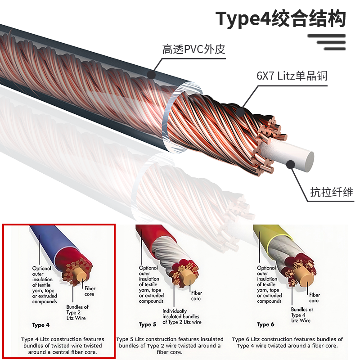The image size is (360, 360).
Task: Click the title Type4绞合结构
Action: (280, 19)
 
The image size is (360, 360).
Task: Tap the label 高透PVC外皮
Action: (193, 49)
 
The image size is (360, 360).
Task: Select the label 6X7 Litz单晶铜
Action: (292, 76)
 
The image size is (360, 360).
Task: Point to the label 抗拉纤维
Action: (332, 192)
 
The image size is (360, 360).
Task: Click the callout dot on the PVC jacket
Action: (151, 75)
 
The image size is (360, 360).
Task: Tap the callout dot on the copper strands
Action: (240, 112)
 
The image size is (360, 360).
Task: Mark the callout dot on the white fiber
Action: (291, 164)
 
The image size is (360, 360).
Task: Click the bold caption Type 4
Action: (41, 325)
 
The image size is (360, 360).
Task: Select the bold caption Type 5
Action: (148, 324)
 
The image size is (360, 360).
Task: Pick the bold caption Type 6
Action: (265, 324)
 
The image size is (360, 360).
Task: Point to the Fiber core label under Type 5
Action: (197, 296)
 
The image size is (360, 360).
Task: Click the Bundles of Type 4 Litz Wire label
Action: (301, 315)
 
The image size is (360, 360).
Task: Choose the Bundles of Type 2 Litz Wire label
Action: (77, 312)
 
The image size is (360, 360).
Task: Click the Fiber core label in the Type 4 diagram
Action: (90, 291)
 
